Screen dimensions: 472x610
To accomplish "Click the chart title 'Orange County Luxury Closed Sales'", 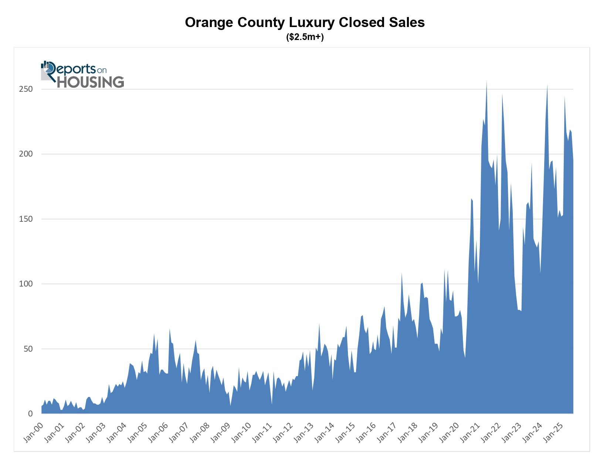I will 305,23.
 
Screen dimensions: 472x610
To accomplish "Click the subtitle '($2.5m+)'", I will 305,37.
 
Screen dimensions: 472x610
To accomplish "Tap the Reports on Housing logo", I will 82,74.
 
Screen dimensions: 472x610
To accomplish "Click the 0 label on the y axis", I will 31,414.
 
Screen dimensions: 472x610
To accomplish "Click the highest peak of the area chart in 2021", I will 487,82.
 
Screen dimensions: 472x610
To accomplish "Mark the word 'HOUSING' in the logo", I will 91,82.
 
